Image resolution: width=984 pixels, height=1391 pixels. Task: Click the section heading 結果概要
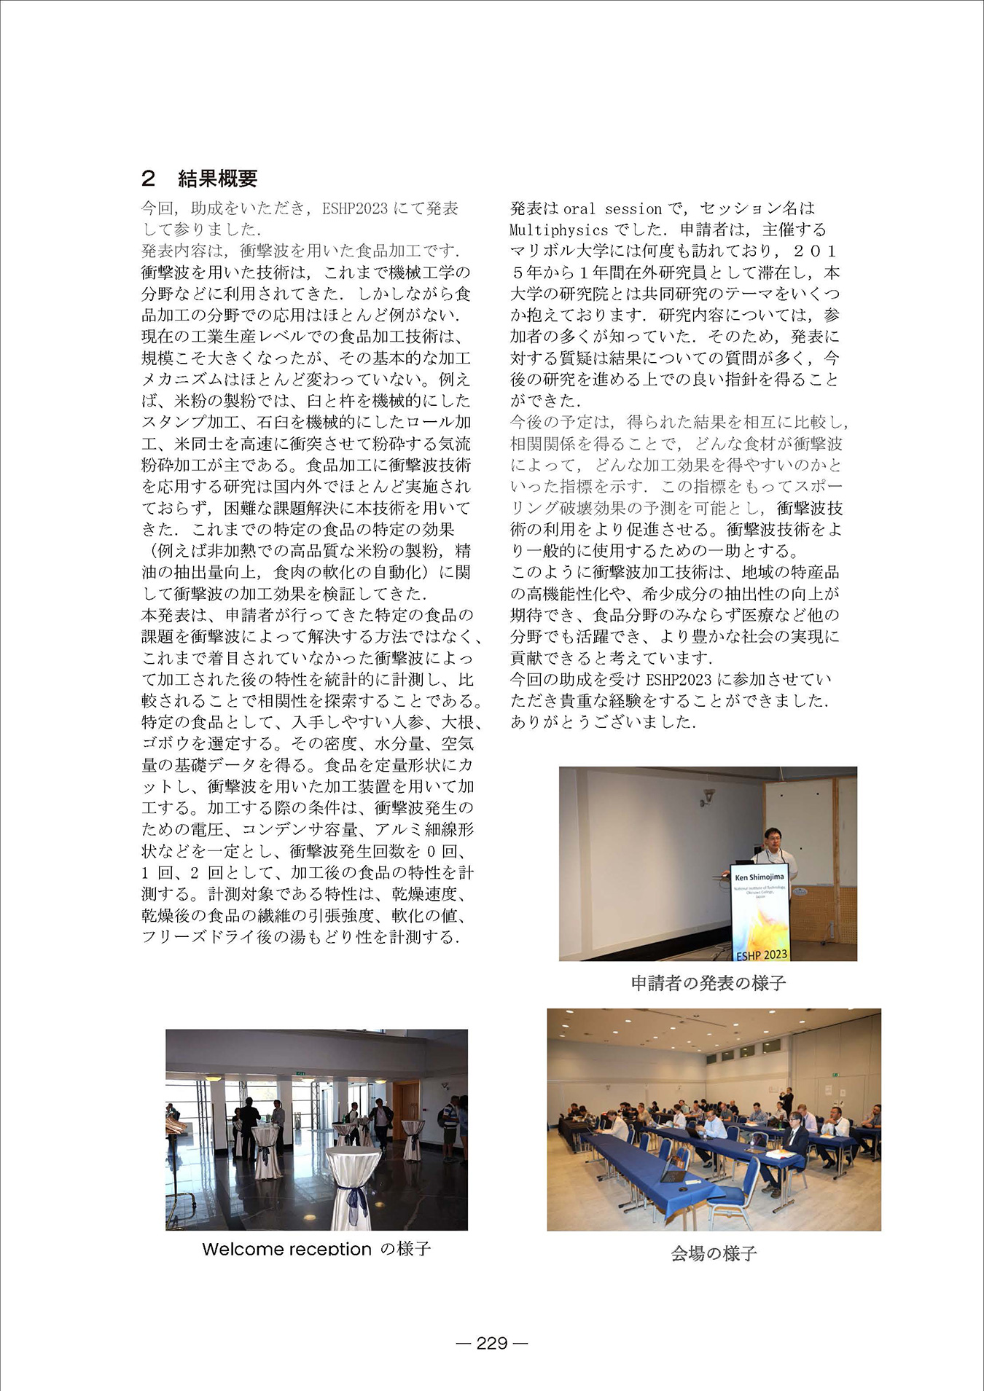(217, 179)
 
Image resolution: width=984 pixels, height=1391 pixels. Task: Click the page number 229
(491, 1343)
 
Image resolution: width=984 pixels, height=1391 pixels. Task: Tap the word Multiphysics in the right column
(558, 230)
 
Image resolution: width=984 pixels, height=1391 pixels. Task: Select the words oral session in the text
(610, 209)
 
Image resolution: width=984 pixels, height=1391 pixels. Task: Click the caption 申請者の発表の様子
(708, 983)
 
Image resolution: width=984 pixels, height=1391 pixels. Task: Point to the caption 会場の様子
(714, 1253)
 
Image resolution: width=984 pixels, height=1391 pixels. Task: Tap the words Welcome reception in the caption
(286, 1249)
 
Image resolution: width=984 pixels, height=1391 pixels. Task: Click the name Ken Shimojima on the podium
(760, 877)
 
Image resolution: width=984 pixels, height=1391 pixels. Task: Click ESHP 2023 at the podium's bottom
(761, 954)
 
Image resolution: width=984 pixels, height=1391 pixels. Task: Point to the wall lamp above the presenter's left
(706, 796)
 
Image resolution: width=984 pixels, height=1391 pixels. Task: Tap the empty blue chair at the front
(733, 1195)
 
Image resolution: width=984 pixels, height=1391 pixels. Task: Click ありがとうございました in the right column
(603, 722)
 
